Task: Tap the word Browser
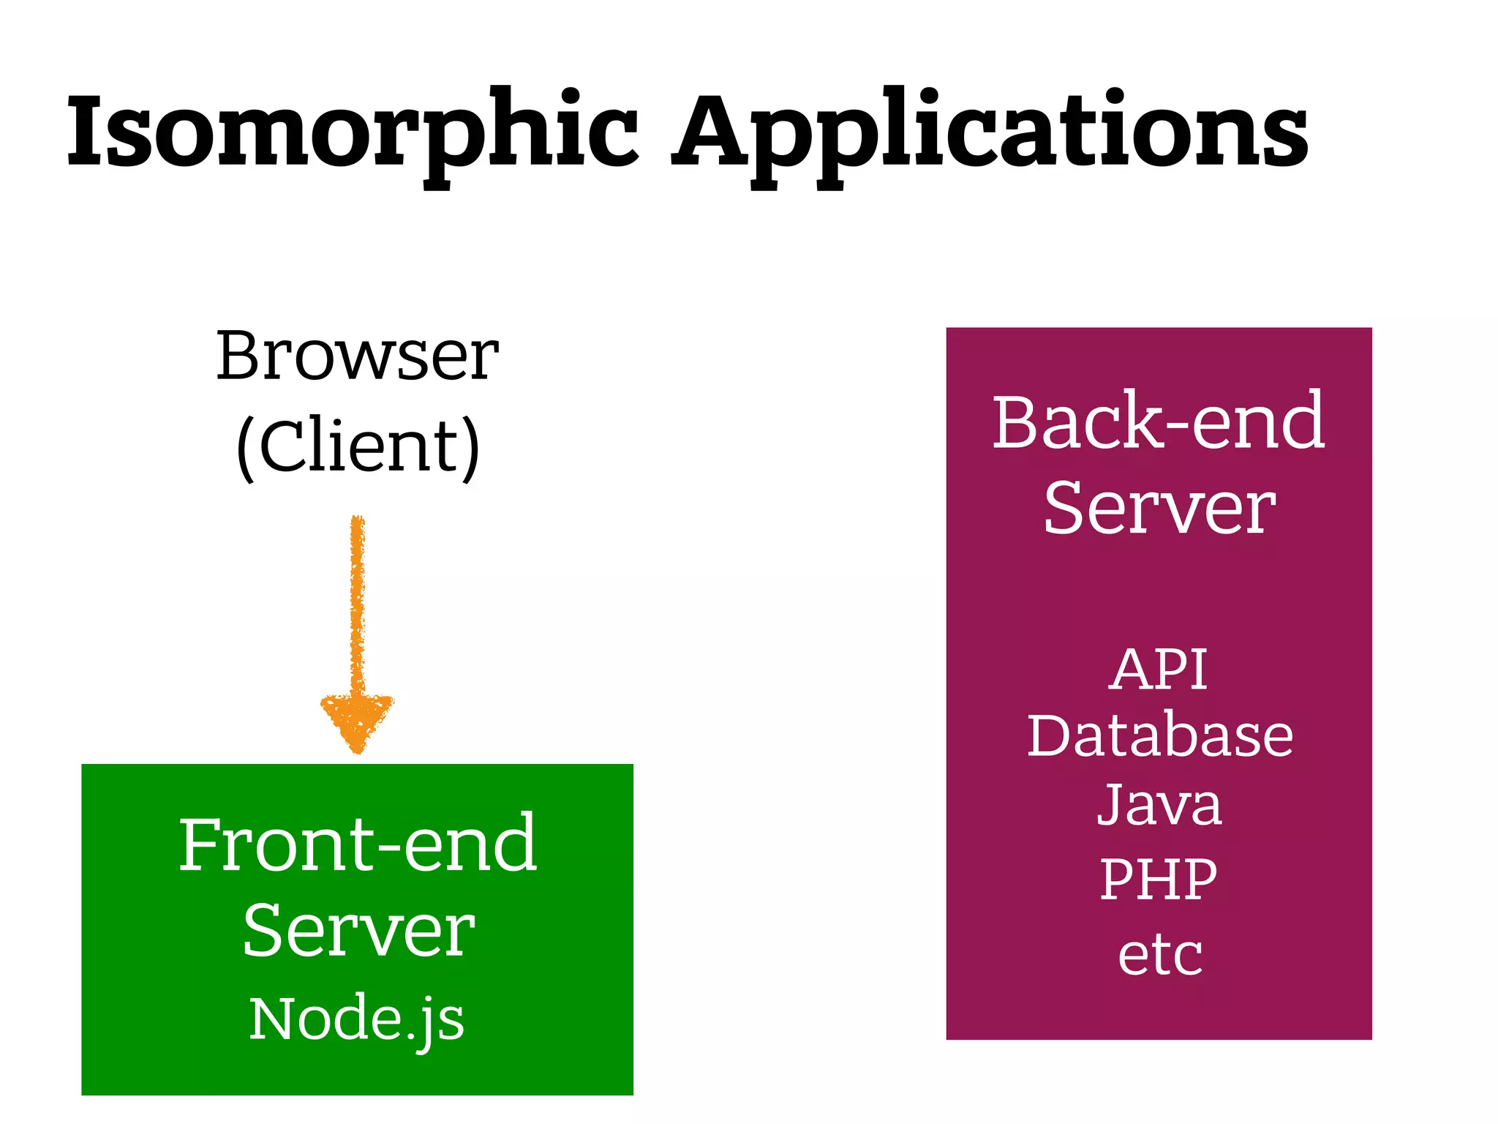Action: click(x=357, y=356)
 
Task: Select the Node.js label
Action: click(x=356, y=1019)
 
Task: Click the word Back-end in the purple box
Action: click(x=1158, y=422)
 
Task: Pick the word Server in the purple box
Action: click(x=1159, y=509)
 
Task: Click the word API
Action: click(x=1158, y=669)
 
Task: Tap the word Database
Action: click(x=1159, y=735)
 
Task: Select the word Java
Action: click(x=1159, y=805)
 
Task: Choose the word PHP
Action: click(x=1158, y=879)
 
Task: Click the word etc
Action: click(x=1159, y=955)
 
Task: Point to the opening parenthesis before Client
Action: click(x=246, y=448)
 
